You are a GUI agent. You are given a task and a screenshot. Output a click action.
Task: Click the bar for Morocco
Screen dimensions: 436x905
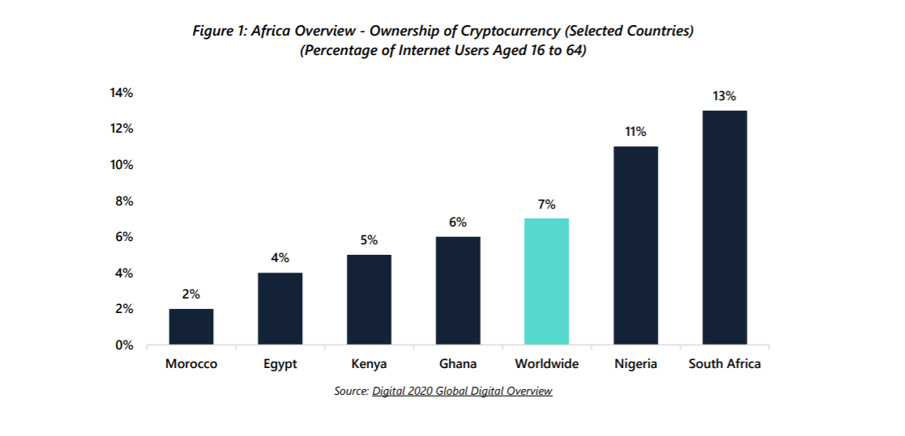(x=191, y=327)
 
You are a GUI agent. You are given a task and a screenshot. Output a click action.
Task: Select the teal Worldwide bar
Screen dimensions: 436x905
(x=547, y=281)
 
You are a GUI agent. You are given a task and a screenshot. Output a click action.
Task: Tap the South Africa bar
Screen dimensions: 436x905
(x=724, y=227)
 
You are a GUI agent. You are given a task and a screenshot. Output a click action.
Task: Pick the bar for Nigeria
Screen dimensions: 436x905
(x=636, y=245)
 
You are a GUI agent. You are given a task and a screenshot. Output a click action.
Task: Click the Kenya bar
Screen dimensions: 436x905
(x=369, y=299)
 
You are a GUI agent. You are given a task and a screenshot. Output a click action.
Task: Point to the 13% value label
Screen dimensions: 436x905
(x=724, y=96)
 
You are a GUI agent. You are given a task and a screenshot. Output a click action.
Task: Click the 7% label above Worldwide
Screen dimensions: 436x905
(x=547, y=205)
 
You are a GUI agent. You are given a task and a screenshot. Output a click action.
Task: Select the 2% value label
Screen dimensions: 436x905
(x=191, y=294)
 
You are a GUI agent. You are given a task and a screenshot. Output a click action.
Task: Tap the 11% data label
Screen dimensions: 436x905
(x=636, y=132)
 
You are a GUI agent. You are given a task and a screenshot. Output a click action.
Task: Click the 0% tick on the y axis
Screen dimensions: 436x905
(x=124, y=345)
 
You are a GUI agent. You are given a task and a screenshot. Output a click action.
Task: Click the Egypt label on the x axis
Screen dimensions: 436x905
(x=280, y=364)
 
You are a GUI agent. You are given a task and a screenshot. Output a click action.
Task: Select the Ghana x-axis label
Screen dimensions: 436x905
(x=458, y=364)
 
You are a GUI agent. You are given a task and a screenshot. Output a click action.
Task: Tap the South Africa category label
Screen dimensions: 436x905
(x=724, y=364)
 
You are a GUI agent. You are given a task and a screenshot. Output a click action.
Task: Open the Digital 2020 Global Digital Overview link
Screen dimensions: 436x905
(x=462, y=392)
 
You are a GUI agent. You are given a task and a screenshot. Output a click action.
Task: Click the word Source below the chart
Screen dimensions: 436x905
(x=351, y=392)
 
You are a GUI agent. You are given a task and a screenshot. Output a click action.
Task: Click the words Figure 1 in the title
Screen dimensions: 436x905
(x=220, y=31)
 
